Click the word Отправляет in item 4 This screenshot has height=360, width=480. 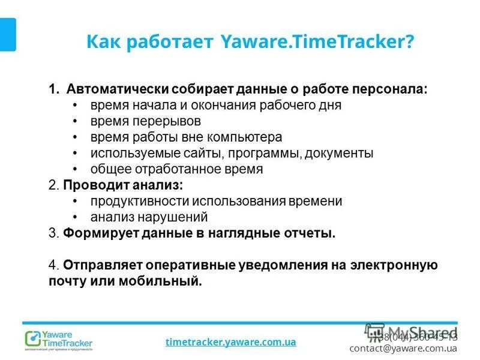tap(98, 265)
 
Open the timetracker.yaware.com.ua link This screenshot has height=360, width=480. tap(230, 342)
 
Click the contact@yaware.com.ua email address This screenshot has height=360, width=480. tap(403, 347)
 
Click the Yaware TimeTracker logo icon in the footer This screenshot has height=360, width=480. tap(32, 339)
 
